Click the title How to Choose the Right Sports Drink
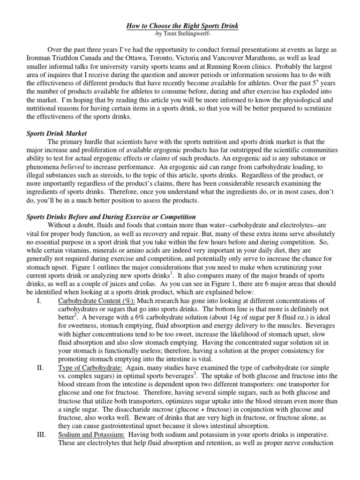[182, 27]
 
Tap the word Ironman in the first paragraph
[38, 59]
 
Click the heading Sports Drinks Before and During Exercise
[111, 217]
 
